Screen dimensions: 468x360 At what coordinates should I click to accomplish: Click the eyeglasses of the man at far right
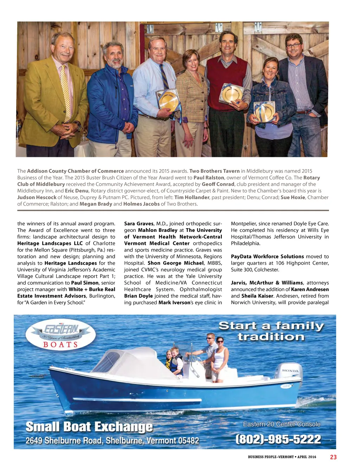point(294,45)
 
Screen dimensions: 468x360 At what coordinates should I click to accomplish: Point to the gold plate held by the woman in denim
point(265,112)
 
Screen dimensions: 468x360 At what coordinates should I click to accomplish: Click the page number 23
point(333,457)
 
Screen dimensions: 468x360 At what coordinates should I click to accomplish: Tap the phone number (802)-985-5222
point(278,439)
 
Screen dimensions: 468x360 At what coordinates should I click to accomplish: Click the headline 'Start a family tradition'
point(271,331)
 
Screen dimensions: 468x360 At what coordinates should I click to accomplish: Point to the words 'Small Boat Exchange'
point(89,427)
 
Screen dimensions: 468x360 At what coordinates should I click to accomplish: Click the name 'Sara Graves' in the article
point(139,223)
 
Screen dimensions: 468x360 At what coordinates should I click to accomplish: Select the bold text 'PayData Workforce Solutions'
point(267,257)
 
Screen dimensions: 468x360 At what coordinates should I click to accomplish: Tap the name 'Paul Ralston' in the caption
point(209,178)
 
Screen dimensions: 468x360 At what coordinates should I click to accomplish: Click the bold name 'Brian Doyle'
point(139,296)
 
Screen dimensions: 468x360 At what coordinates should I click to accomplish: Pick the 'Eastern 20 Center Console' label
point(282,424)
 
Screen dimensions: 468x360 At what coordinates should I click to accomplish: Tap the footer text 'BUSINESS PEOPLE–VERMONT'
point(271,457)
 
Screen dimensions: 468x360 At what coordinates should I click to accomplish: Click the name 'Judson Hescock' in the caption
point(37,197)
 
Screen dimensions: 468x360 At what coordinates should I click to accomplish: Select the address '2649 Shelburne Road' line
point(112,441)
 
